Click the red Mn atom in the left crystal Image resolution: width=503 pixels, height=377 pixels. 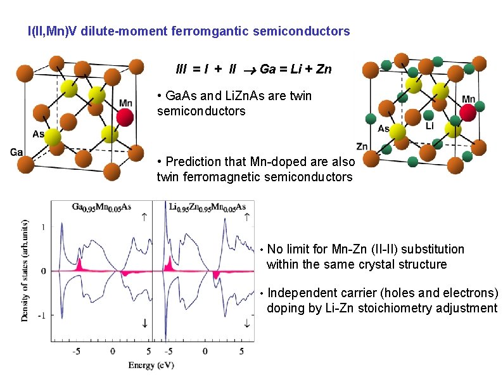point(125,117)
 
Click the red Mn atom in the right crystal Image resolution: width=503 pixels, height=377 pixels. point(468,113)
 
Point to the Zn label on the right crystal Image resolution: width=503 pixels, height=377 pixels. point(362,146)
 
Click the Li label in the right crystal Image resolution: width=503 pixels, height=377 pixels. point(430,126)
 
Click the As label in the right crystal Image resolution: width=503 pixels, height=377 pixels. point(383,129)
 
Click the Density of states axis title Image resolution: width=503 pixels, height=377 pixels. point(25,271)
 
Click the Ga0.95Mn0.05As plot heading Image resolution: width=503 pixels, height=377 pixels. point(102,207)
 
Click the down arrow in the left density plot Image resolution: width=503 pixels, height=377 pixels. point(145,323)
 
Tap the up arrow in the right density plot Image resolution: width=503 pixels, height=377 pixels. point(246,217)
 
